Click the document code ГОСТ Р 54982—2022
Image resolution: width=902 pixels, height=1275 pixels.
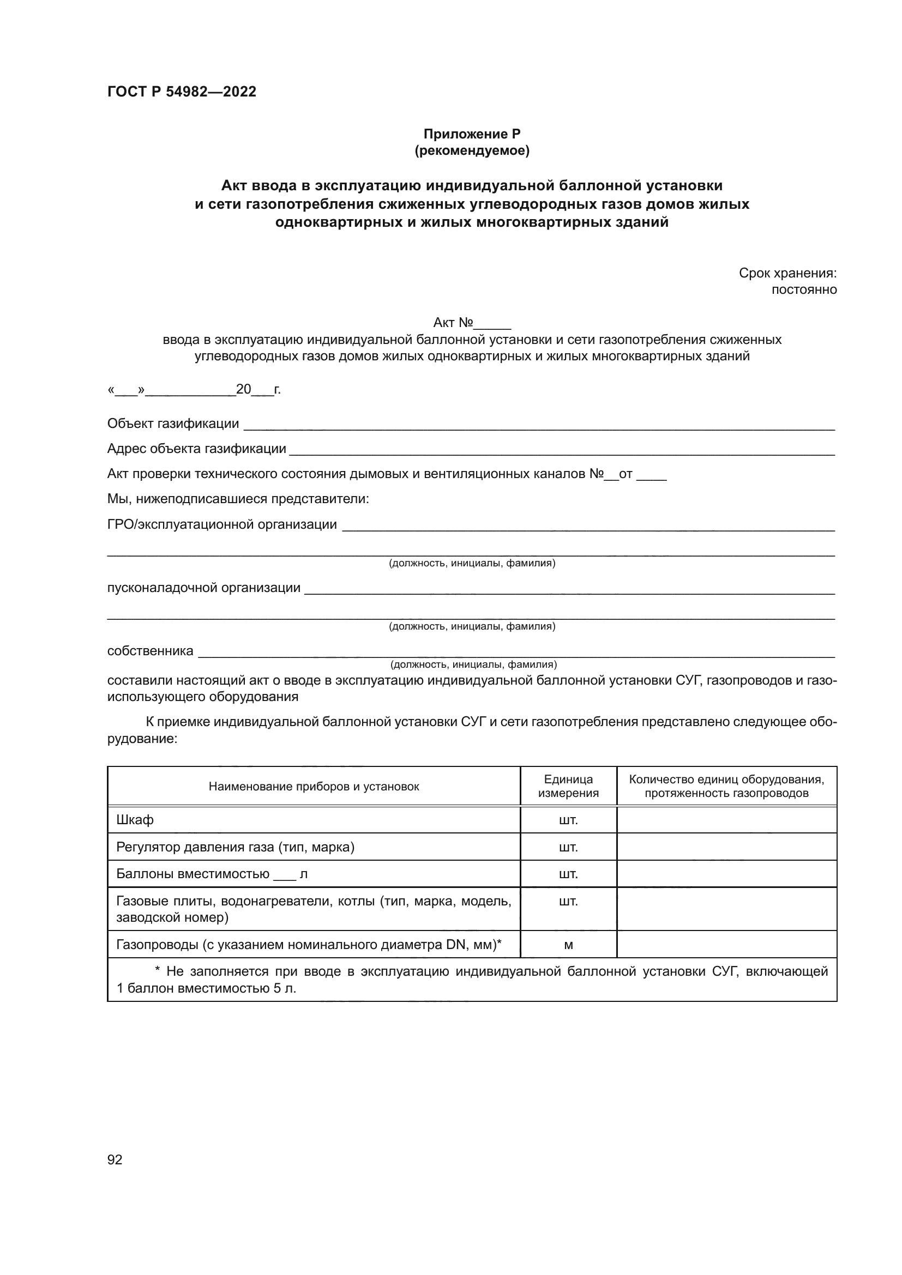[x=182, y=92]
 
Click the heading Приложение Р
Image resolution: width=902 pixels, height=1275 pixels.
[x=472, y=134]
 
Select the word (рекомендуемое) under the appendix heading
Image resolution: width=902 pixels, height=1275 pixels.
[x=472, y=150]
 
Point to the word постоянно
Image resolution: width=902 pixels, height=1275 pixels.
[x=804, y=290]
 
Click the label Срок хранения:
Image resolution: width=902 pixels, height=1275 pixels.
[x=787, y=273]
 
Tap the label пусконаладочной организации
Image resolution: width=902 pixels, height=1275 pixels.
[x=204, y=588]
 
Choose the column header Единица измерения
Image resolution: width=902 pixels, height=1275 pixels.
[x=568, y=786]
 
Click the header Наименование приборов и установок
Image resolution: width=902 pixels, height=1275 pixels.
[x=314, y=787]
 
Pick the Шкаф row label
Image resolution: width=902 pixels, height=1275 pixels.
[x=135, y=820]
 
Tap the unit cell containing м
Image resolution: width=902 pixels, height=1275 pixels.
[x=568, y=945]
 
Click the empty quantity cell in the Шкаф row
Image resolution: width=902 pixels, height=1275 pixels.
[x=726, y=820]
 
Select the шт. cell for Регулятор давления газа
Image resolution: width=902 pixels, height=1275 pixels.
[x=568, y=847]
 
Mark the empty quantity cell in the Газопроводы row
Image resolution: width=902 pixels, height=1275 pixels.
[x=726, y=945]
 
